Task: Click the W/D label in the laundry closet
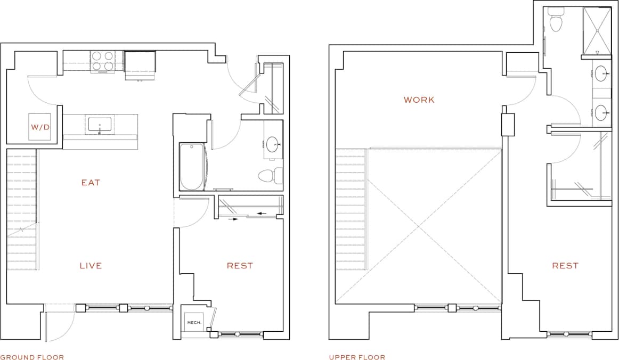pyautogui.click(x=39, y=127)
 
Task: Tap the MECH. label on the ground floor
pyautogui.click(x=192, y=322)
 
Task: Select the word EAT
pyautogui.click(x=91, y=183)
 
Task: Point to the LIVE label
pyautogui.click(x=91, y=266)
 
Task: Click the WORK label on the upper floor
pyautogui.click(x=419, y=100)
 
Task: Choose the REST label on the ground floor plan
pyautogui.click(x=240, y=266)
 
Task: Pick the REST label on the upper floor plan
pyautogui.click(x=565, y=266)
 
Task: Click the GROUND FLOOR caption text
pyautogui.click(x=32, y=357)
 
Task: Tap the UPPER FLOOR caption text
pyautogui.click(x=357, y=357)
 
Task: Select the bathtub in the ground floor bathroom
pyautogui.click(x=192, y=167)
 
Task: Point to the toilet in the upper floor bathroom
pyautogui.click(x=556, y=22)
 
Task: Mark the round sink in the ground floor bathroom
pyautogui.click(x=273, y=144)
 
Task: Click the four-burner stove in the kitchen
pyautogui.click(x=103, y=61)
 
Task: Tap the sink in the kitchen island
pyautogui.click(x=100, y=125)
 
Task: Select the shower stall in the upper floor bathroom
pyautogui.click(x=596, y=30)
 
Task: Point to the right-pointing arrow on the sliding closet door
pyautogui.click(x=233, y=218)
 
